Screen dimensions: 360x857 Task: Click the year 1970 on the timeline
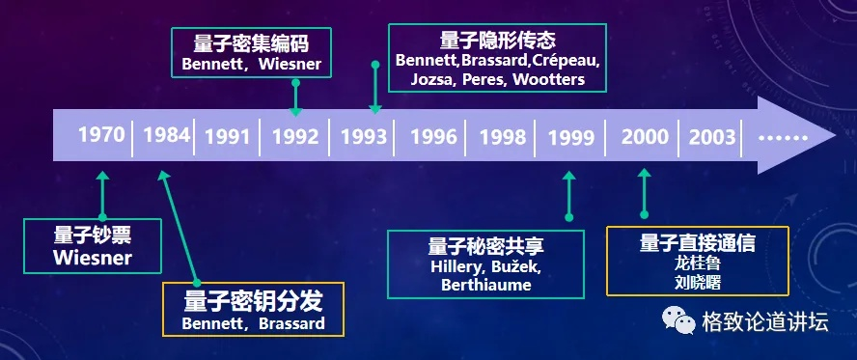point(101,134)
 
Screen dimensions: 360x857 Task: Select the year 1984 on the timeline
point(167,134)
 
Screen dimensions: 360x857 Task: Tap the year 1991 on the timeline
point(228,136)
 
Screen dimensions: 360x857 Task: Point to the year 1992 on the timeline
point(295,136)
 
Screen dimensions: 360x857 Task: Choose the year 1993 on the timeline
point(364,136)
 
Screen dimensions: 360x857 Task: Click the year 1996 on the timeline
point(433,136)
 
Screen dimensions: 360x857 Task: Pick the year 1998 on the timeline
point(502,136)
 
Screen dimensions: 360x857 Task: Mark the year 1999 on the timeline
point(570,137)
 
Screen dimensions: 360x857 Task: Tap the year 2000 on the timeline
point(645,136)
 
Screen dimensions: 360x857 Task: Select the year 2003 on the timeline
point(712,136)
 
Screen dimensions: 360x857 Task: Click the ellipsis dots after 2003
point(783,136)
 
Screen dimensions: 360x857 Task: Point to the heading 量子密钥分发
point(254,299)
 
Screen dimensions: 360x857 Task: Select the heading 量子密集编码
point(251,44)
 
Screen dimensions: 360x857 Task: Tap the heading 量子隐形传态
point(498,41)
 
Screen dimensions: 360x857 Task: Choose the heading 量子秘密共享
point(485,245)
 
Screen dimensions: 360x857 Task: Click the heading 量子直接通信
point(697,242)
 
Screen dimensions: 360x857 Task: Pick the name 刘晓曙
point(698,282)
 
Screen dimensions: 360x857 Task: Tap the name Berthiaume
point(485,285)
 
